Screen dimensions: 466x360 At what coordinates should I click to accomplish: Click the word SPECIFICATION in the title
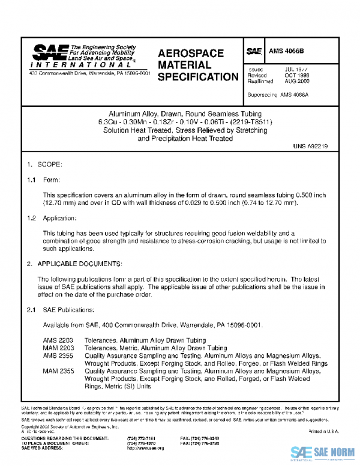coord(198,77)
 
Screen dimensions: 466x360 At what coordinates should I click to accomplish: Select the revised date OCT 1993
coord(297,76)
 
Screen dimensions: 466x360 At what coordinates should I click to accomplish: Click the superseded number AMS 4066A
coord(295,95)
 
